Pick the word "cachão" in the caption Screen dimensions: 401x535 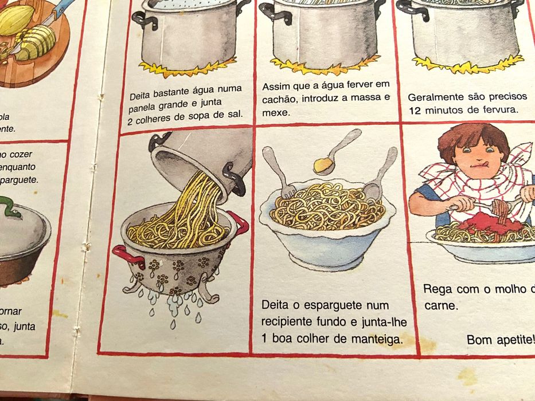pyautogui.click(x=282, y=100)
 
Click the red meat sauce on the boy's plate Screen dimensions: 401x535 pyautogui.click(x=493, y=226)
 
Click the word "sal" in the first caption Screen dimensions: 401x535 pyautogui.click(x=234, y=113)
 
